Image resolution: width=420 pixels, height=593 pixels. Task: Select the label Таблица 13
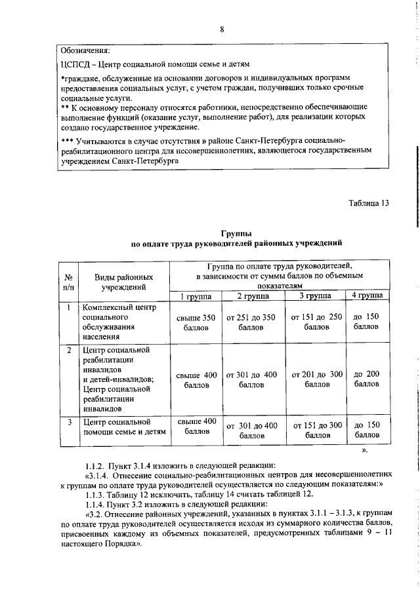click(x=368, y=202)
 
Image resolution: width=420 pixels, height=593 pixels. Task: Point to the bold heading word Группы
click(x=236, y=234)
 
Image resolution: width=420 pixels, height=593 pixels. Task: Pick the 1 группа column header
click(x=196, y=296)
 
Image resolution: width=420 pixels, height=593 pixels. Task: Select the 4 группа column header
click(x=367, y=296)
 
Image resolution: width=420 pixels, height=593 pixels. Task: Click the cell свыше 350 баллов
click(x=196, y=323)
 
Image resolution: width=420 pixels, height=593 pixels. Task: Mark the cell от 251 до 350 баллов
click(x=251, y=323)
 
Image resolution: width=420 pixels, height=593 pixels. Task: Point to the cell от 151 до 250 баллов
click(x=316, y=323)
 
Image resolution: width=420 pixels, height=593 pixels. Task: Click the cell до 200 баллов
click(x=367, y=379)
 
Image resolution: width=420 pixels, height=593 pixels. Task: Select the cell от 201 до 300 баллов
click(x=316, y=379)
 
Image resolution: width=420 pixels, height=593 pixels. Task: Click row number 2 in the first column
click(x=68, y=350)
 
